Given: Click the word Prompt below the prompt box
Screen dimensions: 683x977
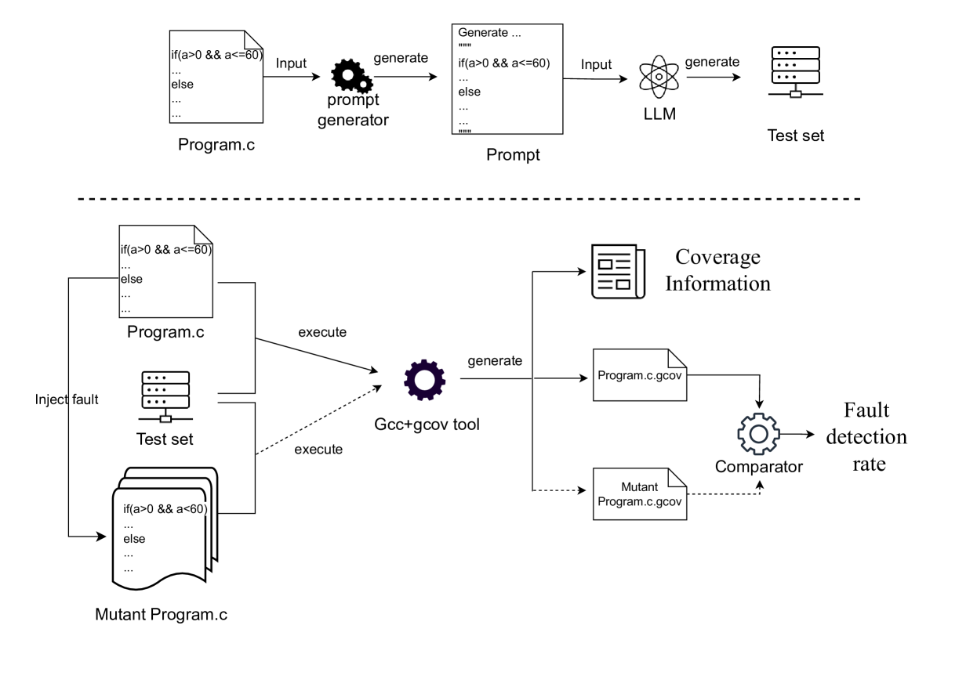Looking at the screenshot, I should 513,154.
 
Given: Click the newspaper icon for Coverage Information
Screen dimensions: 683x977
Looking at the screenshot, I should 617,271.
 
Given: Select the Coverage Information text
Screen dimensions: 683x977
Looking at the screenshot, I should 717,271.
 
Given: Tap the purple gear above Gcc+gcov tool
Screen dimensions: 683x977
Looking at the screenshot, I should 425,378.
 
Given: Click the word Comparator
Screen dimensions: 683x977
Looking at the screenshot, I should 758,467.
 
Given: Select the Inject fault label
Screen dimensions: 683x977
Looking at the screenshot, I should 67,399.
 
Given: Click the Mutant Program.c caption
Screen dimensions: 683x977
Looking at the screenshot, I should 162,614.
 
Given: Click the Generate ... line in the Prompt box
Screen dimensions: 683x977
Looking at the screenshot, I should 489,34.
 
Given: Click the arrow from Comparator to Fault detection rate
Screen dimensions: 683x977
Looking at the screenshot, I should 798,432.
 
